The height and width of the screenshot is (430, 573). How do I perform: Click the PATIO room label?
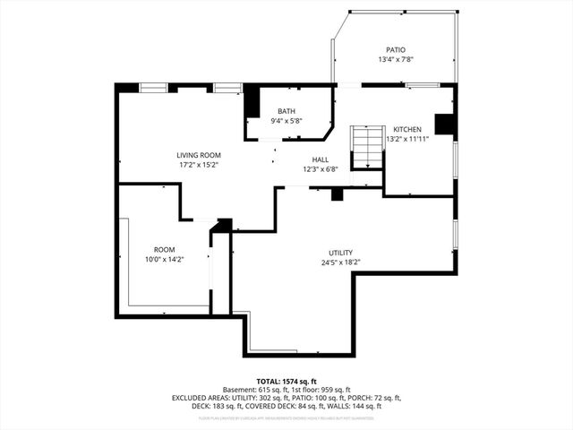point(395,50)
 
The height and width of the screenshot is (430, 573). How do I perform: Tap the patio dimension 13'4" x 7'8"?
point(395,60)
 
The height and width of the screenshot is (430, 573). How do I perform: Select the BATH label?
point(286,111)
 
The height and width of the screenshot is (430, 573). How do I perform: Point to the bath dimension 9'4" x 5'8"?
point(286,121)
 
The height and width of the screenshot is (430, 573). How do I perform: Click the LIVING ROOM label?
point(198,155)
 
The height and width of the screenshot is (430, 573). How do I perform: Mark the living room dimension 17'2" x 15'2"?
point(198,165)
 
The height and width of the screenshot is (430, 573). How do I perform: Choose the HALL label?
point(320,159)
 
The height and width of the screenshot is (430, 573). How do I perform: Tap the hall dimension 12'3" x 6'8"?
point(320,169)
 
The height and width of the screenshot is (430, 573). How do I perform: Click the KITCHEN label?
point(408,129)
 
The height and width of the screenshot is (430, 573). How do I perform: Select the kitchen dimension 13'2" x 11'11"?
point(408,139)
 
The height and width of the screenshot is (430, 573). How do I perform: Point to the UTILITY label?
point(340,253)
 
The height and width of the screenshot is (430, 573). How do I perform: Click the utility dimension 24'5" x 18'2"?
point(340,262)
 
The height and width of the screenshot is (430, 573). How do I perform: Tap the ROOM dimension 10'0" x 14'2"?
point(164,259)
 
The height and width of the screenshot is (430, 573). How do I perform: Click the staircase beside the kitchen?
point(365,147)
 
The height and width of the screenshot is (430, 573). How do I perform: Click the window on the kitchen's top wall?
point(416,85)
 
